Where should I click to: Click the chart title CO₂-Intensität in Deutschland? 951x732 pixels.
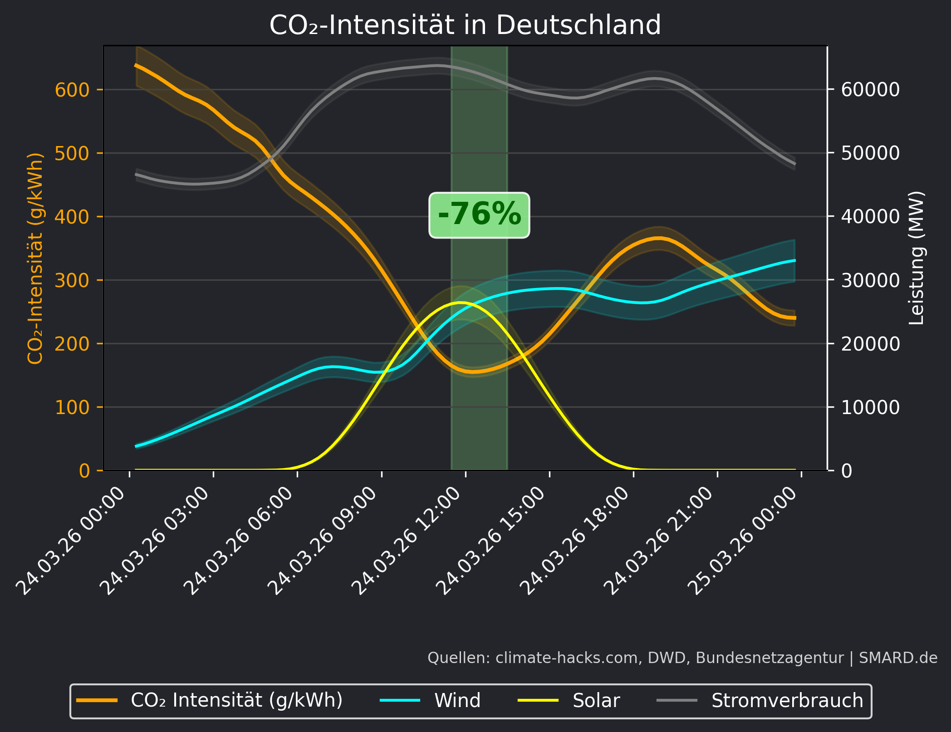click(x=465, y=25)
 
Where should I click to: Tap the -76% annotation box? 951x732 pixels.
click(x=479, y=215)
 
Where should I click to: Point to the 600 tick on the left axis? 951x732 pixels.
click(x=72, y=90)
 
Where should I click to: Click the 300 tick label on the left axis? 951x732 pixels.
click(x=72, y=280)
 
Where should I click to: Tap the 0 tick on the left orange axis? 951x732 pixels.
click(x=84, y=471)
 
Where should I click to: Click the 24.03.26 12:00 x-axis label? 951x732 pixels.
click(x=408, y=540)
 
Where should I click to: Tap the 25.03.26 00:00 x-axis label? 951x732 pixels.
click(x=744, y=540)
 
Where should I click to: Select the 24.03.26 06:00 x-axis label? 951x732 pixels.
click(x=240, y=540)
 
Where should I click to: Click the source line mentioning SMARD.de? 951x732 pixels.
click(x=682, y=658)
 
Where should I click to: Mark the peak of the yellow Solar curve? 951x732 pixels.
click(x=460, y=302)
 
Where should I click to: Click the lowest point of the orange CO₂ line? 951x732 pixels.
click(x=472, y=372)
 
